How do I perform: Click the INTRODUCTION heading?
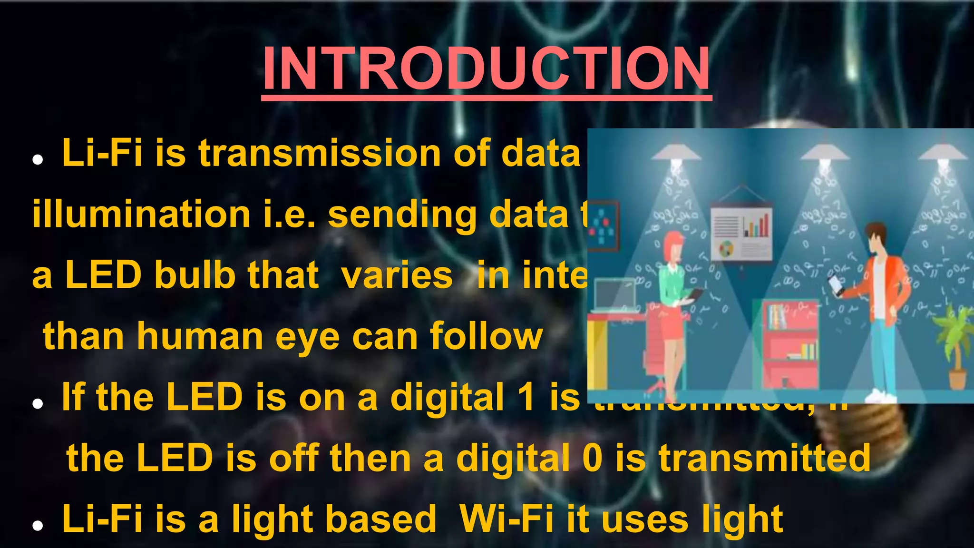[486, 68]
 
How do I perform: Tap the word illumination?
[141, 215]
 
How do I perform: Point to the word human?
[200, 336]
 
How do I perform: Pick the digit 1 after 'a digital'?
[526, 397]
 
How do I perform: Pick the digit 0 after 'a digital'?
[593, 458]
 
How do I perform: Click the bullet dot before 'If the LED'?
[38, 404]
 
